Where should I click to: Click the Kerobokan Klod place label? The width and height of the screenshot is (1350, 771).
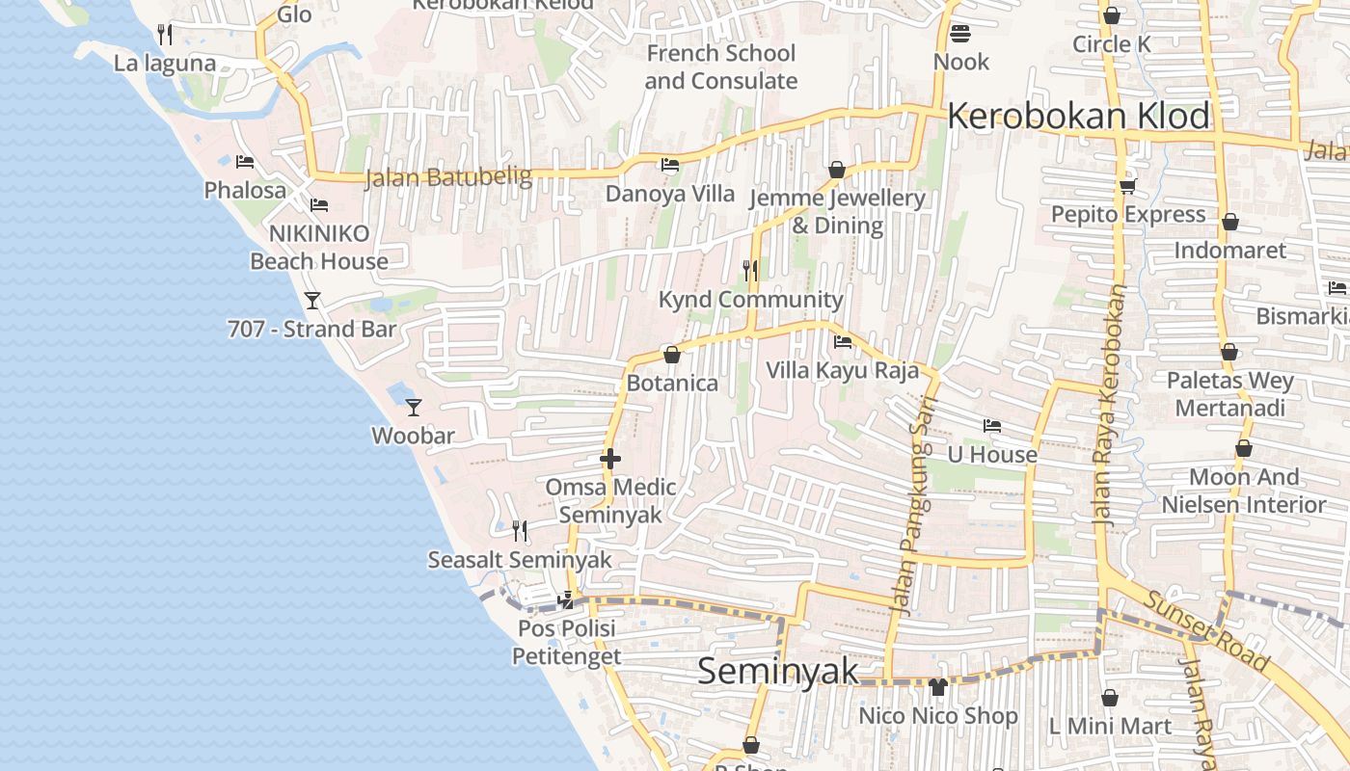tap(1078, 117)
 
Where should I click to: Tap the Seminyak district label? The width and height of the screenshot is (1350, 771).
tap(777, 671)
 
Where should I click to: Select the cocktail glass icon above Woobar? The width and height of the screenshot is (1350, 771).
tap(414, 408)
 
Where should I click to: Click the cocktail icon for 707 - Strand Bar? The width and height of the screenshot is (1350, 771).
tap(312, 301)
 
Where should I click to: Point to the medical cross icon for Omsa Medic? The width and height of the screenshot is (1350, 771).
tap(610, 460)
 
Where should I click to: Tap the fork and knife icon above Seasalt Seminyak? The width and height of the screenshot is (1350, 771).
tap(520, 530)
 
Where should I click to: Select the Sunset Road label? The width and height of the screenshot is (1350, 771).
tap(1205, 630)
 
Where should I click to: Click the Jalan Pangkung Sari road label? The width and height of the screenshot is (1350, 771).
tap(913, 506)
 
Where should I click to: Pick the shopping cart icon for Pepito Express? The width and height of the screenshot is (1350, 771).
tap(1127, 186)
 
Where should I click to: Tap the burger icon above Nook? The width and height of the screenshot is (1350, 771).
tap(959, 35)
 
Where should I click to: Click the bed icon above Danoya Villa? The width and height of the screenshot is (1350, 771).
tap(670, 165)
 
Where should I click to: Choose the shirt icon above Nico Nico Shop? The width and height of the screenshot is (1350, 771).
tap(938, 687)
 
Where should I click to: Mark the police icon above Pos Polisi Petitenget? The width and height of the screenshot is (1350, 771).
tap(566, 600)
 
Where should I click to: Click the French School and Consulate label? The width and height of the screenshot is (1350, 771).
tap(720, 67)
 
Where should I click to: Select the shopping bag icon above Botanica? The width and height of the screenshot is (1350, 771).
tap(672, 355)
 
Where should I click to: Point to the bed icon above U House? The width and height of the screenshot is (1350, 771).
tap(992, 426)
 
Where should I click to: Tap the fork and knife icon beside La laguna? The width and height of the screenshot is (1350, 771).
tap(165, 35)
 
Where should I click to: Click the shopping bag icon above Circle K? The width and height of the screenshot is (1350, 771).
tap(1112, 15)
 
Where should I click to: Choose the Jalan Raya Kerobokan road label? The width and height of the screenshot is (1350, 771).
tap(1110, 405)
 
